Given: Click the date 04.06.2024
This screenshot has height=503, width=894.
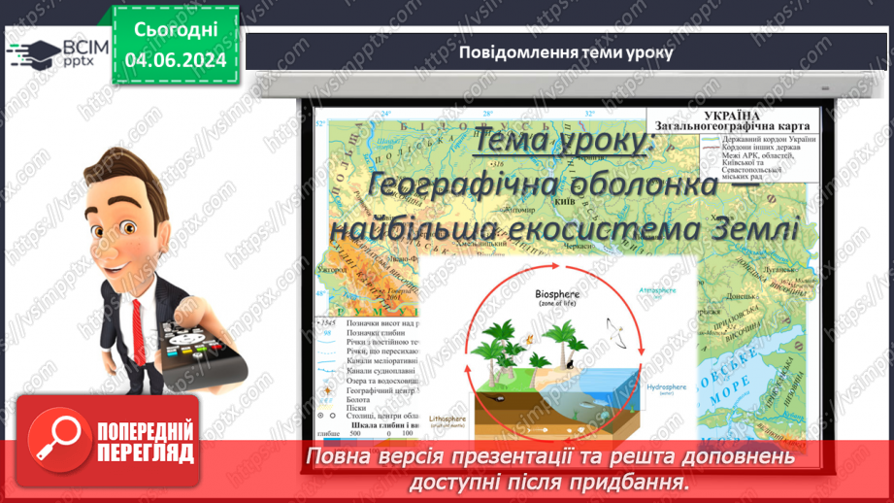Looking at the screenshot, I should [x=175, y=59].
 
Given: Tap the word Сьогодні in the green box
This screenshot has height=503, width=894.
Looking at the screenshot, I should [x=175, y=29].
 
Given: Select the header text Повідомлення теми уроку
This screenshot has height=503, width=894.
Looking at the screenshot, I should [x=566, y=51].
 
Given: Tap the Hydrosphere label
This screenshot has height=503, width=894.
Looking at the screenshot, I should [x=665, y=387].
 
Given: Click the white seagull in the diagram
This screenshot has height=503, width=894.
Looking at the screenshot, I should [x=613, y=330].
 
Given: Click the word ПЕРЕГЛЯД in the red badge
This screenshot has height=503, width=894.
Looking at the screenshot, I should [x=146, y=453].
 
